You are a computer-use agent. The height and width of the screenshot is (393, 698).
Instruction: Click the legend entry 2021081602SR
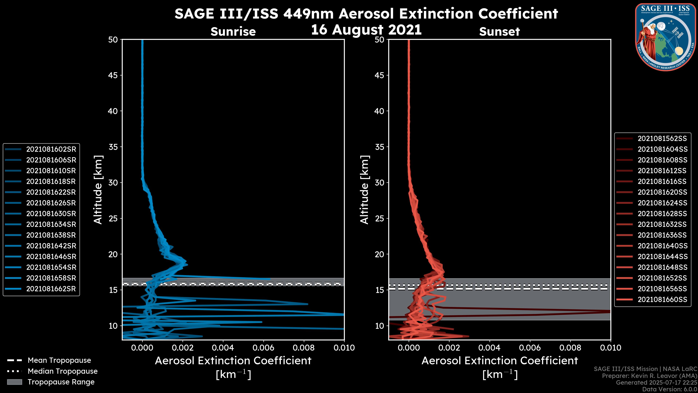tap(51, 149)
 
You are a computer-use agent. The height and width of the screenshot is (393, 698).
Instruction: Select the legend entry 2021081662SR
tap(51, 289)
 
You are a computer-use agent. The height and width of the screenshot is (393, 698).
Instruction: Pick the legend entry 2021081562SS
tap(662, 139)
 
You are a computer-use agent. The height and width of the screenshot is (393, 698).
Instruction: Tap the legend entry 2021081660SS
tap(662, 300)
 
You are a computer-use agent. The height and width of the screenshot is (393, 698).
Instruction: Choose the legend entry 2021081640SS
tap(662, 246)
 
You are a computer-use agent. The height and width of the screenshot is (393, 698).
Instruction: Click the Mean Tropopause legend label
tap(59, 360)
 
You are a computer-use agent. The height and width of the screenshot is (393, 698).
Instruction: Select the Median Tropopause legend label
tap(63, 371)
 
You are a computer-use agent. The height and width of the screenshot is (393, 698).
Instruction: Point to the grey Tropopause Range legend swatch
tap(14, 382)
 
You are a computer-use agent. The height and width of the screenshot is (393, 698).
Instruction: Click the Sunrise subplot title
tap(233, 32)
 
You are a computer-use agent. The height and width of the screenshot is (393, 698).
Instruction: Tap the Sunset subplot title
tap(499, 32)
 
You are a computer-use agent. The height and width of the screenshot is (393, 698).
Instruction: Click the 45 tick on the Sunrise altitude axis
tap(113, 75)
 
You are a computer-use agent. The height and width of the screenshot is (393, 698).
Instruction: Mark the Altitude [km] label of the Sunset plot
tap(364, 190)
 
